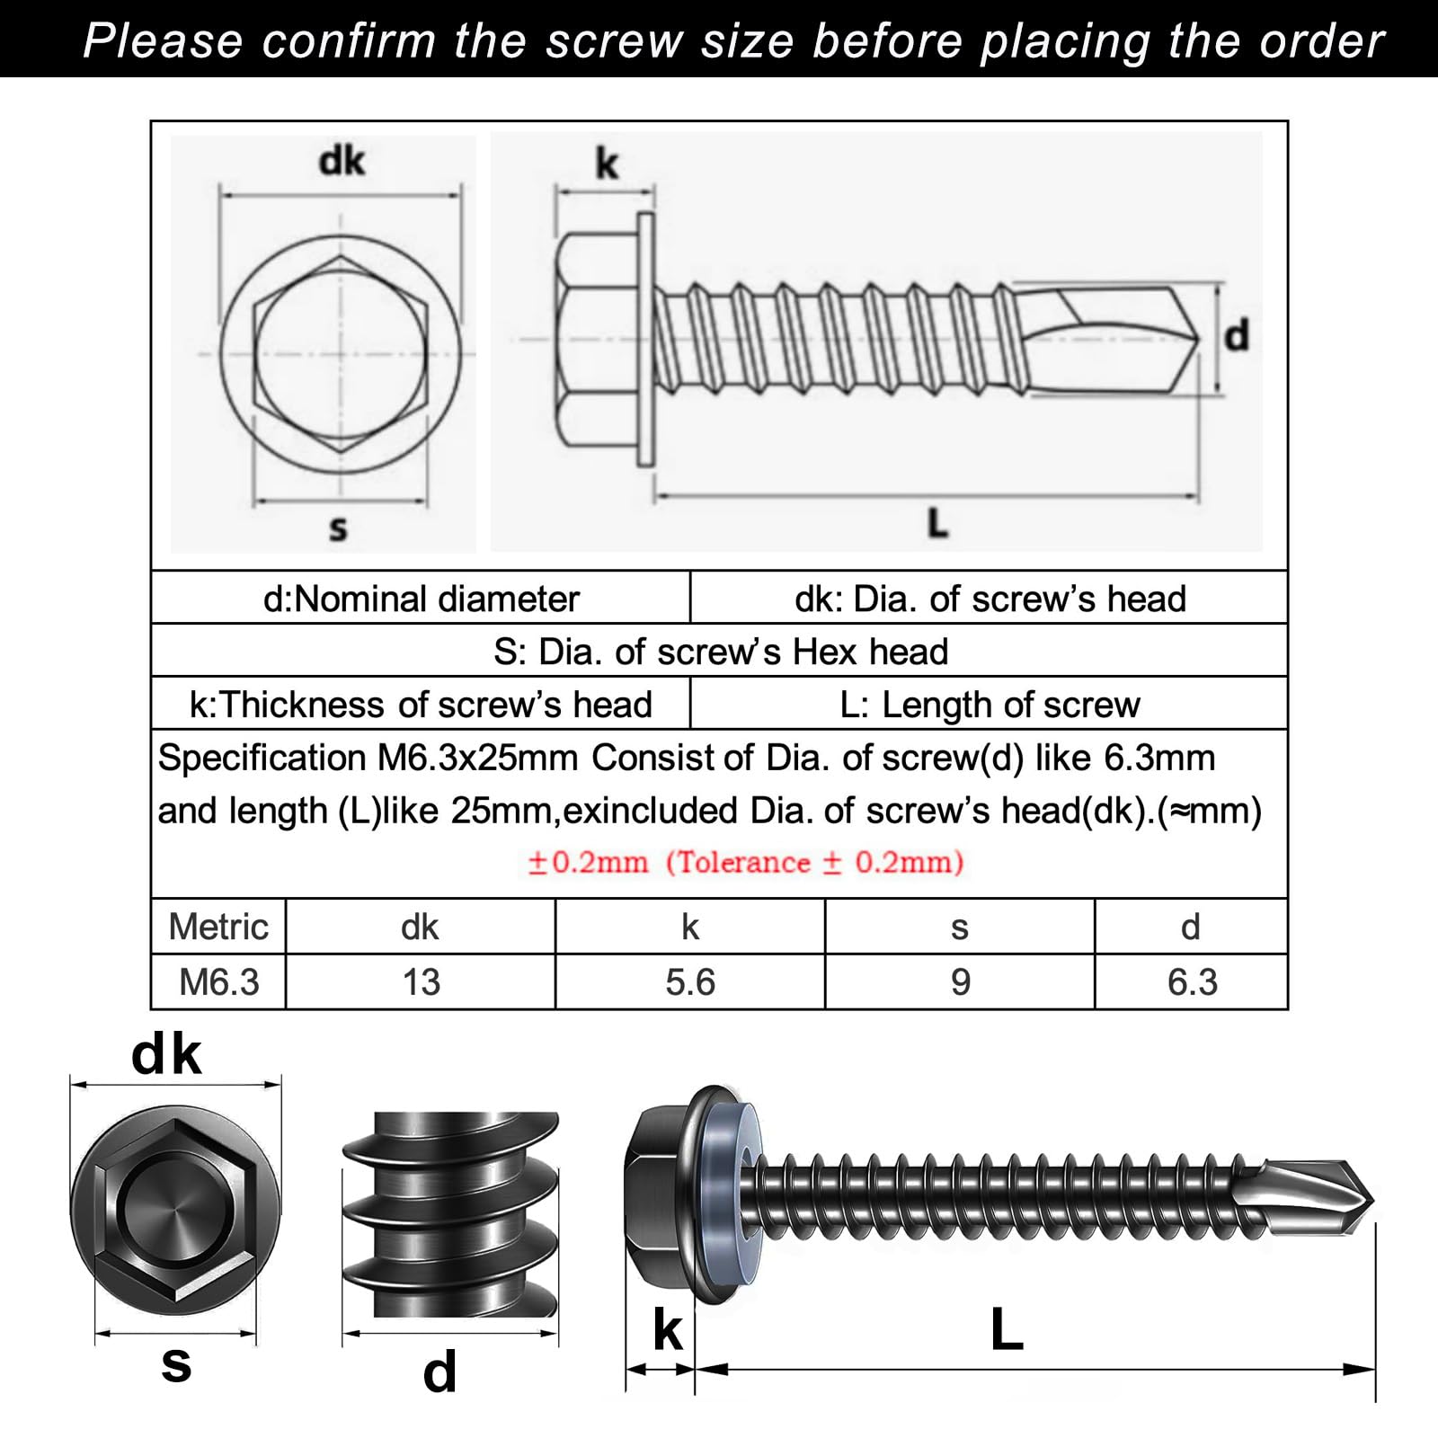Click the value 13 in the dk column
tap(421, 982)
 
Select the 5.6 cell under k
tap(690, 982)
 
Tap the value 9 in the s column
tap(960, 982)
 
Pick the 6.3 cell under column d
tap(1192, 982)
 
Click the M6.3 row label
tap(219, 982)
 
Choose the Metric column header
tap(218, 927)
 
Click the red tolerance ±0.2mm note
tap(745, 862)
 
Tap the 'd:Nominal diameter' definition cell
tap(421, 599)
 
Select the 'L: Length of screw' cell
tap(990, 705)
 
